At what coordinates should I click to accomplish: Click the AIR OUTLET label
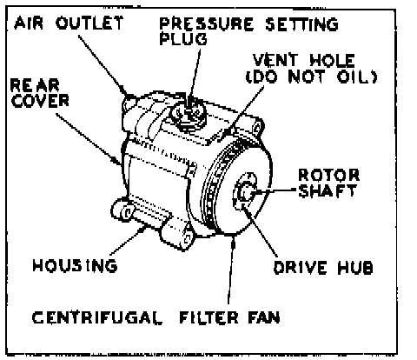pos(69,23)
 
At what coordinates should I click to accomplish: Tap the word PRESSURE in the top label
pos(207,23)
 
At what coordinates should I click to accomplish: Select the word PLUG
pos(183,39)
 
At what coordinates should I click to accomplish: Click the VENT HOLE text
pos(304,60)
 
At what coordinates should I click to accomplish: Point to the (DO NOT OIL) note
pos(312,77)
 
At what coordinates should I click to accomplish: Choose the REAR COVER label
pos(40,93)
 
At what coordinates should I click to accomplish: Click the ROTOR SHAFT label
pos(328,183)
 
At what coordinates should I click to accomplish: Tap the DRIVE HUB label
pos(323,267)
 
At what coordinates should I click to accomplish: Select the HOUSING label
pos(75,265)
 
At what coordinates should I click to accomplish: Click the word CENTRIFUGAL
pos(97,317)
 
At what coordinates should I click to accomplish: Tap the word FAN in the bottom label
pos(264,317)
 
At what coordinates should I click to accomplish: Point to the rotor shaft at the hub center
pos(246,192)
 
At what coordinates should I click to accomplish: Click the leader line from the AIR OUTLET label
pos(103,65)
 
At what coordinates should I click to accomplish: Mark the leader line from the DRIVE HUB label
pos(259,230)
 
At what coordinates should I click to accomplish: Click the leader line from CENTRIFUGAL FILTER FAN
pos(231,270)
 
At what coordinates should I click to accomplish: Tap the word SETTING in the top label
pos(301,23)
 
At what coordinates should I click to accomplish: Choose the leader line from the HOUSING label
pos(129,241)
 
